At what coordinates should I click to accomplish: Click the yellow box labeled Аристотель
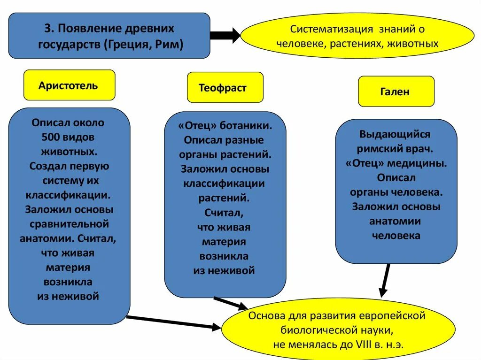coord(69,85)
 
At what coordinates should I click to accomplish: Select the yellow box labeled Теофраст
coord(225,88)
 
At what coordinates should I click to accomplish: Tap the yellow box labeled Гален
coord(396,92)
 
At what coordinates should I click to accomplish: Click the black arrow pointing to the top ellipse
coord(225,36)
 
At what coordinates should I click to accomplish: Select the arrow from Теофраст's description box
coord(230,303)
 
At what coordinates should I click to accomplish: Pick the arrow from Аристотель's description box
coord(174,323)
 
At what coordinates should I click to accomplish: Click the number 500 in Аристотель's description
coord(50,137)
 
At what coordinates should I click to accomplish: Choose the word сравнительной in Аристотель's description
coord(69,223)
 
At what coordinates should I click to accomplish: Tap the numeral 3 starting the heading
coord(47,28)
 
